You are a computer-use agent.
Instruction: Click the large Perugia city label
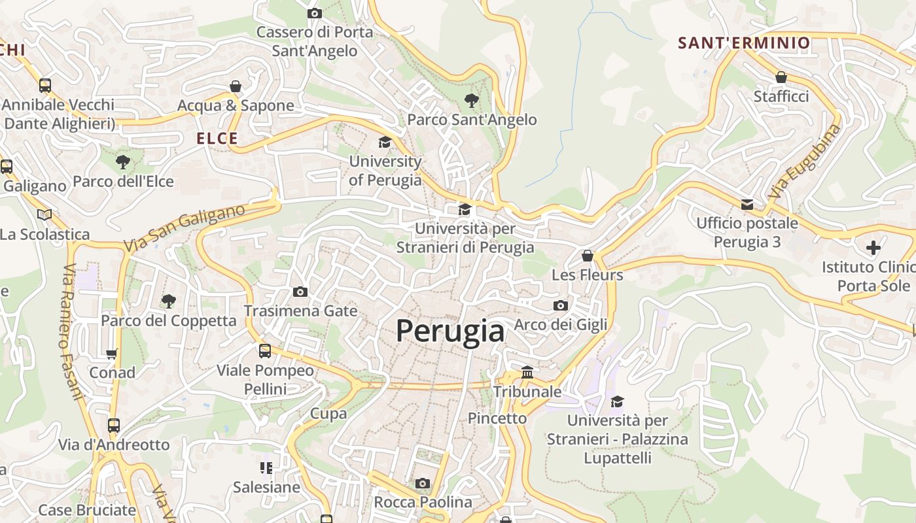[x=450, y=331]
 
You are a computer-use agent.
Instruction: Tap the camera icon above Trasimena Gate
[x=300, y=292]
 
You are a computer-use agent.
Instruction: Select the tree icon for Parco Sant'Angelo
[x=471, y=101]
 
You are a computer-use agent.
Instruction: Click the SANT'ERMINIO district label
[x=744, y=43]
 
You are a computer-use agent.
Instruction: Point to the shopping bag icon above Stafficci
[x=781, y=77]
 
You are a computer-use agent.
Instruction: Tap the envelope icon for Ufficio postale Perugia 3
[x=747, y=205]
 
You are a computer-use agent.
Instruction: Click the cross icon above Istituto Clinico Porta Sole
[x=873, y=248]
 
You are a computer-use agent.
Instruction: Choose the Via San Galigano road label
[x=184, y=227]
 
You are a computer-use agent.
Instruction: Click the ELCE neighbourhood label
[x=217, y=139]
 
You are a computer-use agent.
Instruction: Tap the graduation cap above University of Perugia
[x=385, y=143]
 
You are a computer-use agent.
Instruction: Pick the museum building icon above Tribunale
[x=527, y=373]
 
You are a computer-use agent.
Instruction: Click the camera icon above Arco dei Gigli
[x=560, y=305]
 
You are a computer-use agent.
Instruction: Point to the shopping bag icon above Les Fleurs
[x=588, y=256]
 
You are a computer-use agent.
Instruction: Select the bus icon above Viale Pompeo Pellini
[x=265, y=351]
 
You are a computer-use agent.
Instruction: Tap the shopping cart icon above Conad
[x=112, y=354]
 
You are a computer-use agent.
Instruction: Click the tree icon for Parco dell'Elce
[x=122, y=162]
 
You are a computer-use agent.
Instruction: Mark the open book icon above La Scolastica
[x=44, y=214]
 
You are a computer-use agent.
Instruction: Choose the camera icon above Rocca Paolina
[x=423, y=483]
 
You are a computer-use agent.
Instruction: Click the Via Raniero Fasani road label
[x=73, y=332]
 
